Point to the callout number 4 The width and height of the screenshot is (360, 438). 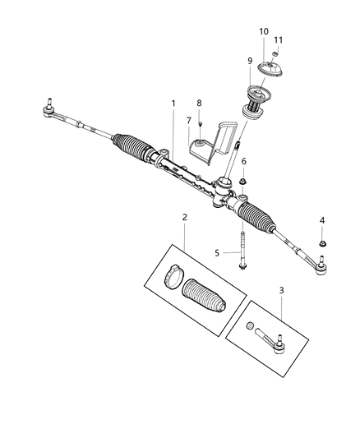coord(322,220)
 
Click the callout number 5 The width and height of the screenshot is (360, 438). coord(218,253)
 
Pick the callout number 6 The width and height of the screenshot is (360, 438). coord(243,161)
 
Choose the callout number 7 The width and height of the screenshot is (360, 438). coord(189,120)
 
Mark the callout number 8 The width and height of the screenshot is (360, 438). coord(198,103)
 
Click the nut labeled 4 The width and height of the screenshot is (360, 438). coord(321,244)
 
